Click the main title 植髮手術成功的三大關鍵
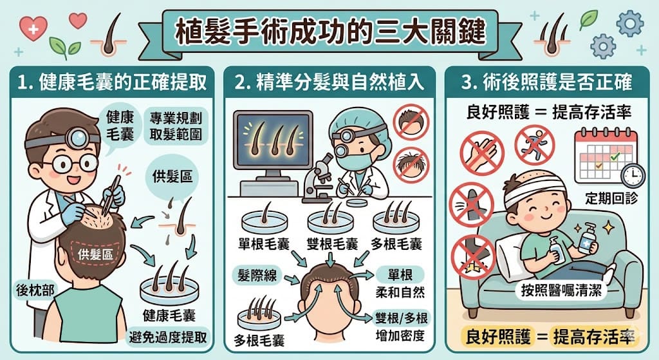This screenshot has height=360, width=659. (330, 32)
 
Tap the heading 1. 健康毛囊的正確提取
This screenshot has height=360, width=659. (112, 82)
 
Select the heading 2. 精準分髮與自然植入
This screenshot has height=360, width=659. (329, 82)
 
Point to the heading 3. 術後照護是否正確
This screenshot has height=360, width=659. (547, 82)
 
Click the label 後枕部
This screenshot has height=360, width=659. (35, 290)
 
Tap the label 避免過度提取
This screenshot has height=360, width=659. (168, 337)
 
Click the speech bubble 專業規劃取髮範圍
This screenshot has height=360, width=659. (176, 126)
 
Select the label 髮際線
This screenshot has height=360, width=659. (257, 276)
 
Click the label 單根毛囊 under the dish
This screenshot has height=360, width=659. (264, 244)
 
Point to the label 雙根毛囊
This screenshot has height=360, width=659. (332, 244)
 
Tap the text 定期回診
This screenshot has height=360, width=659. (611, 198)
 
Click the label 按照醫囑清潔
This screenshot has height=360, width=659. (561, 290)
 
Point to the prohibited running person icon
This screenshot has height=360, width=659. (535, 145)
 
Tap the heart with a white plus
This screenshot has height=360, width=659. (33, 28)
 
